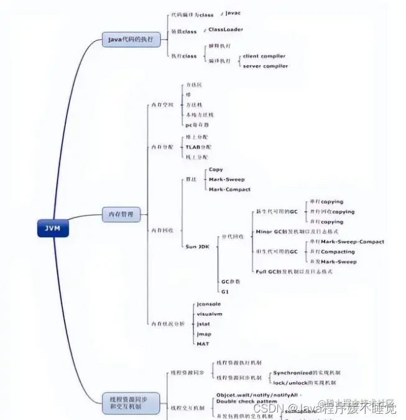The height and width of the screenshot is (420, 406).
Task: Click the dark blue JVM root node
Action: (x=52, y=228)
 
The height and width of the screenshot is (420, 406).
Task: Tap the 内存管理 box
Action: (x=121, y=215)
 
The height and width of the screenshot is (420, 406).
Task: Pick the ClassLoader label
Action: (x=225, y=29)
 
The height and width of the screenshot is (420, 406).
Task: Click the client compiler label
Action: (x=264, y=56)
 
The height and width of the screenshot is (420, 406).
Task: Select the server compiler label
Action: (x=265, y=66)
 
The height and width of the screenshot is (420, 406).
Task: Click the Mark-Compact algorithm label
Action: (x=229, y=189)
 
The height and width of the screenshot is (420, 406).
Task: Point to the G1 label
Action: (x=225, y=291)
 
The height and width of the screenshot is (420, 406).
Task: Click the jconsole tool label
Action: (x=208, y=304)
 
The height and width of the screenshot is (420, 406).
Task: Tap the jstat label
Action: (x=203, y=324)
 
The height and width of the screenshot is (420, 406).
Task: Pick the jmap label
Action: (x=204, y=334)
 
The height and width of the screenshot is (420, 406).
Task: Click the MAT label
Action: (x=203, y=344)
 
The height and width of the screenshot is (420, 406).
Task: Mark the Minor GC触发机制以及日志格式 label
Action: (x=297, y=232)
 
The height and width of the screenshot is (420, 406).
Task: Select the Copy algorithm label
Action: (x=216, y=170)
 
